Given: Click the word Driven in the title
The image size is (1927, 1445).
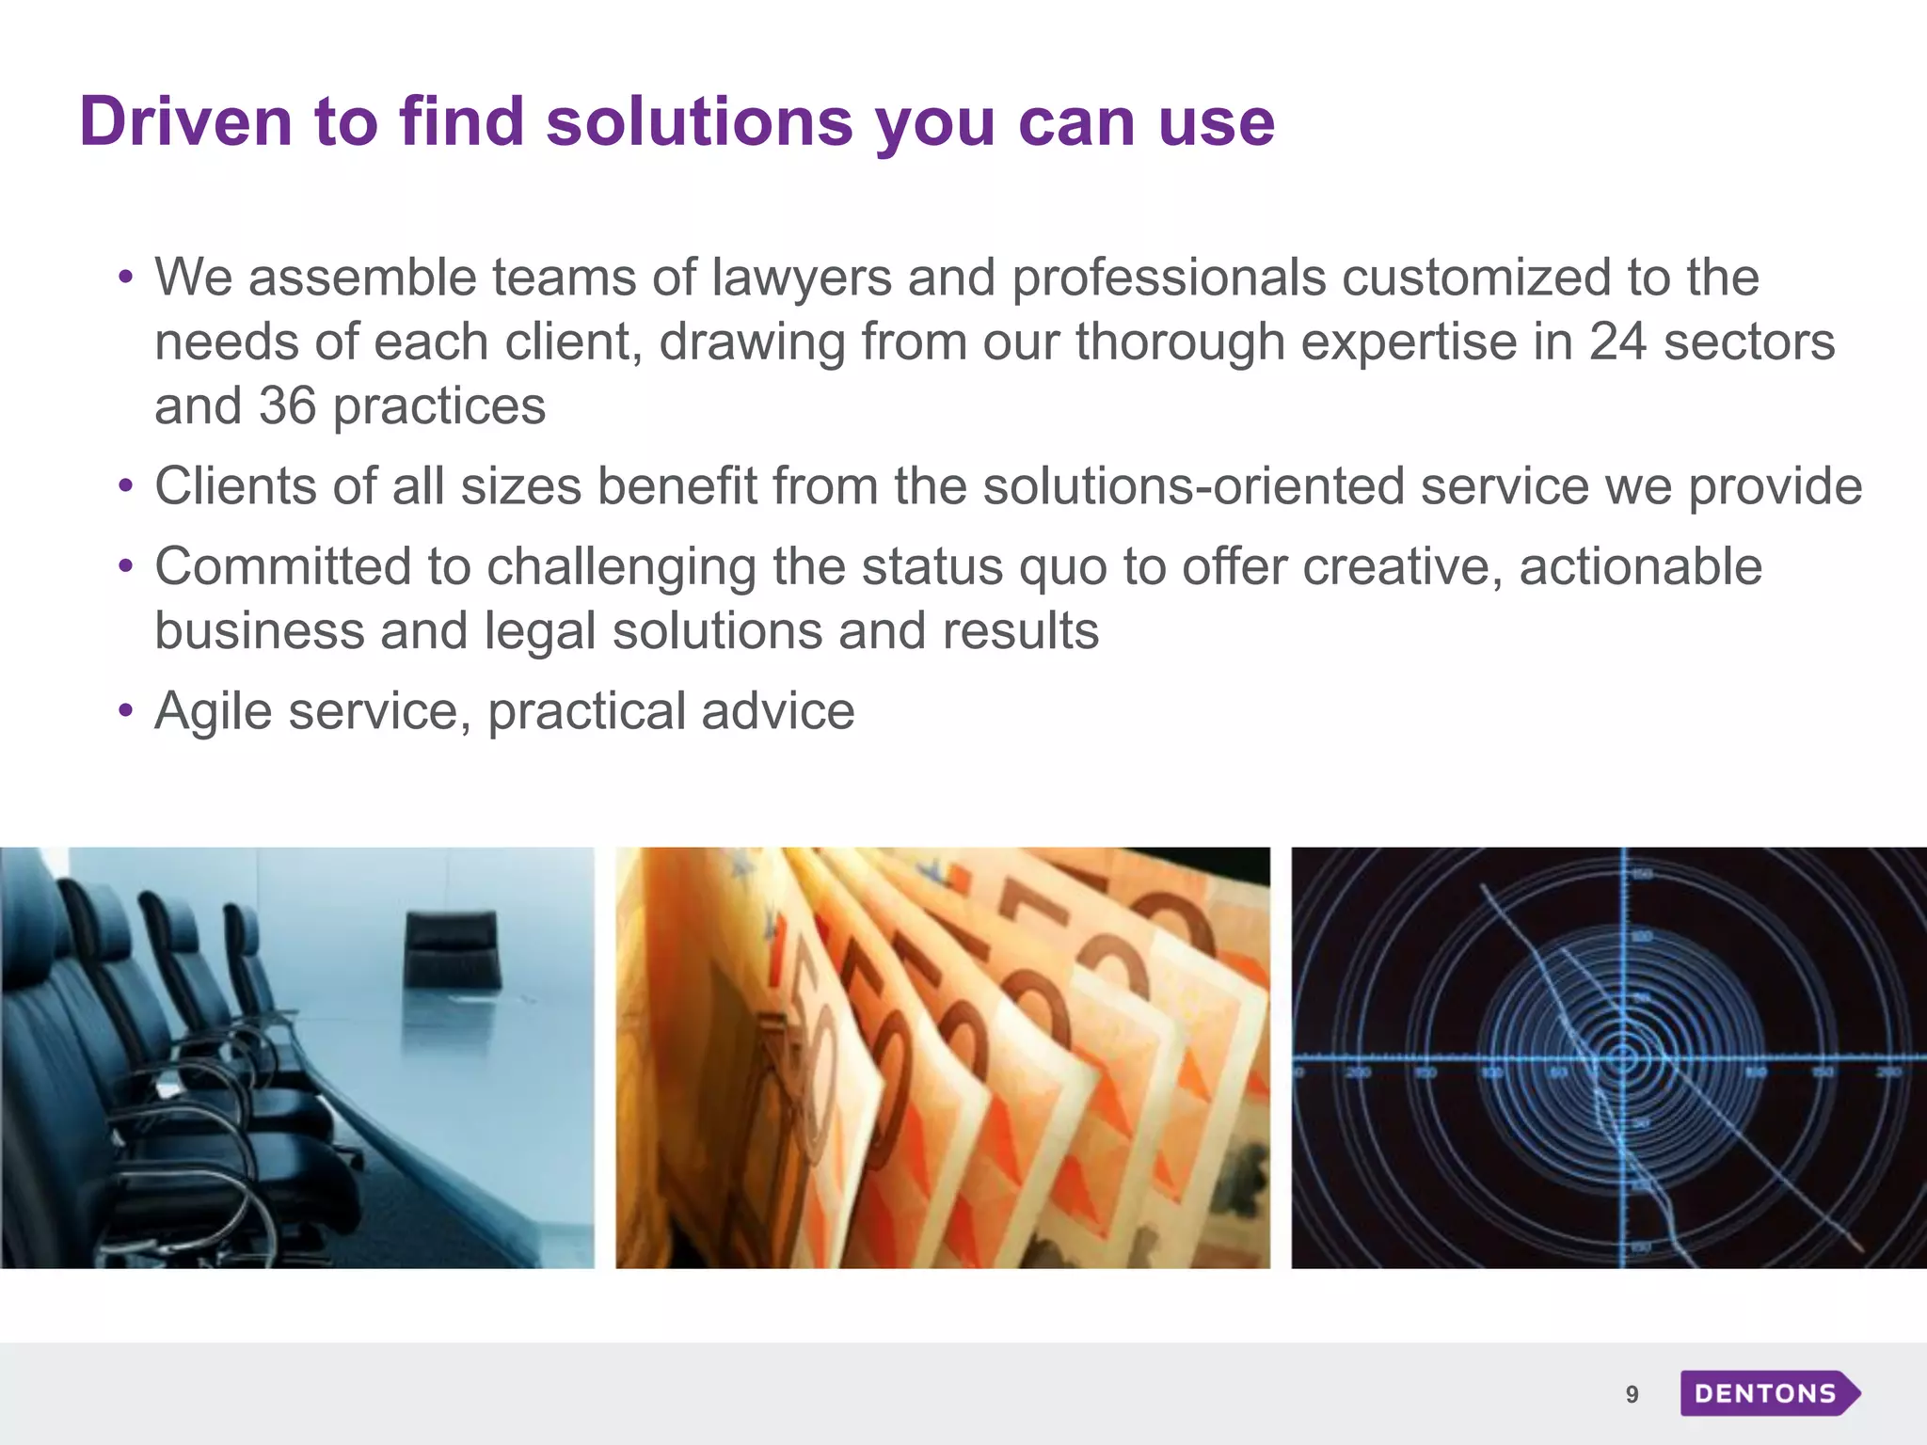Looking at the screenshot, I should pos(186,122).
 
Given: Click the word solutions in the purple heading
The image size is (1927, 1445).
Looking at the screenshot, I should pos(699,122).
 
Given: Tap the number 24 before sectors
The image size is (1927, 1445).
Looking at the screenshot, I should pos(1617,341).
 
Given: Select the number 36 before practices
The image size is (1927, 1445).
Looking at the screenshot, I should pos(287,406).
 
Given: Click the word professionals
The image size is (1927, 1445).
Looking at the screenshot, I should pos(1169,278).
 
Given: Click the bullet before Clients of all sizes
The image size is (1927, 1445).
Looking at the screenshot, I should pos(126,487).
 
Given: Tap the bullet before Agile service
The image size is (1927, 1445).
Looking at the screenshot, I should pos(126,712).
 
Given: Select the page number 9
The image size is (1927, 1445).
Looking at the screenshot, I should pos(1632,1394).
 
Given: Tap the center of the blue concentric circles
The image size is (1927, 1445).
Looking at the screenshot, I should pos(1623,1057).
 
